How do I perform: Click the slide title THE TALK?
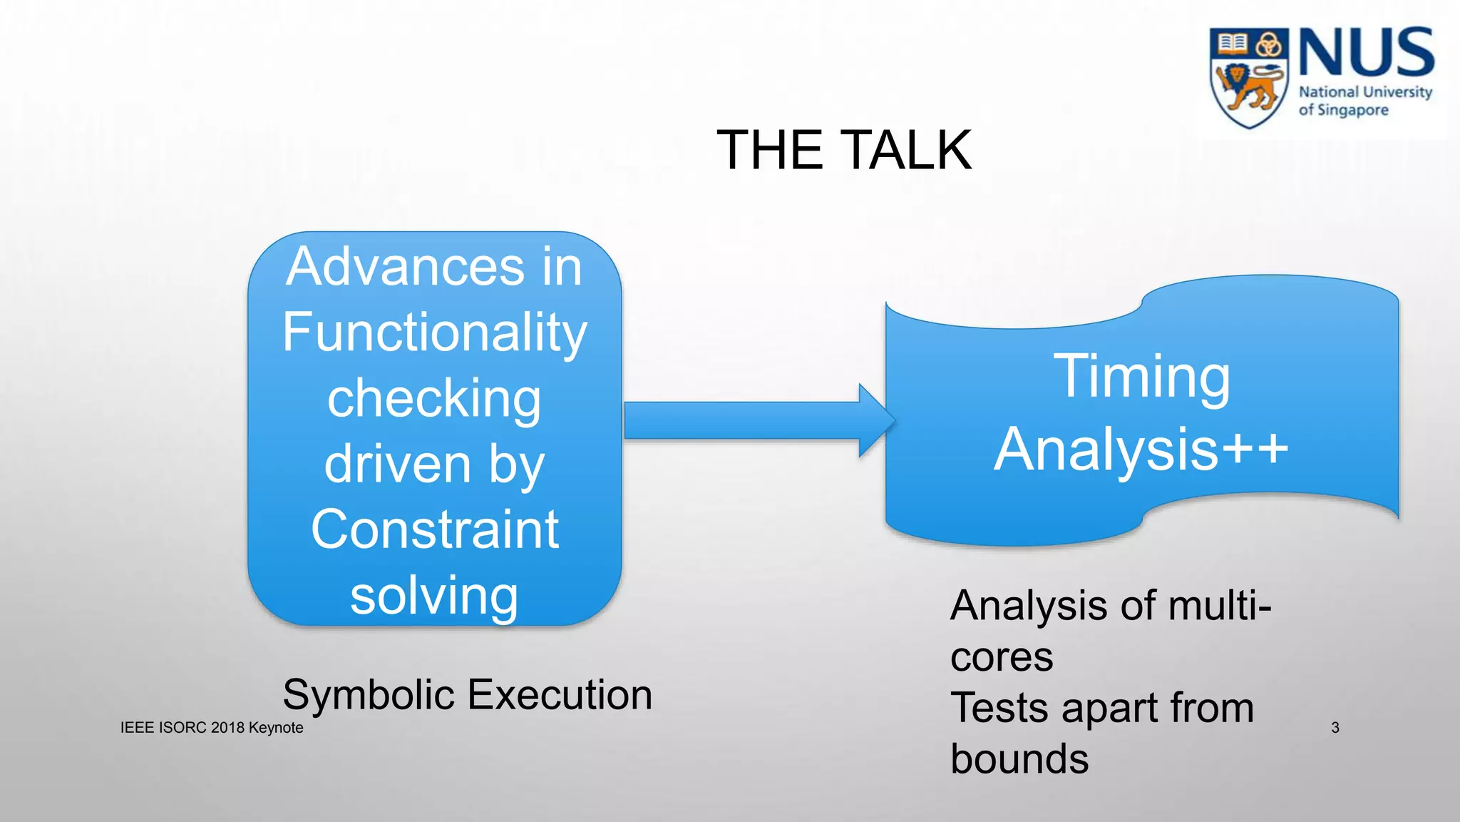tap(843, 150)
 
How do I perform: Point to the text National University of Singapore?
tap(1364, 101)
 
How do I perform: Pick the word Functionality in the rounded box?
tap(434, 333)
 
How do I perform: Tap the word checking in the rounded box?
tap(434, 398)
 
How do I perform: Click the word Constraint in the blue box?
tap(434, 529)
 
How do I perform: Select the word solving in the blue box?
tap(434, 596)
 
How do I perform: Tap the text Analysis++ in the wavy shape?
tap(1141, 450)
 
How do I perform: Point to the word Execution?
tap(560, 696)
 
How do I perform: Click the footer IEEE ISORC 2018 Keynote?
tap(212, 728)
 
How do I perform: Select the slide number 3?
tap(1335, 728)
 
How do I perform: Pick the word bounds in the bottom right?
tap(1019, 759)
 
